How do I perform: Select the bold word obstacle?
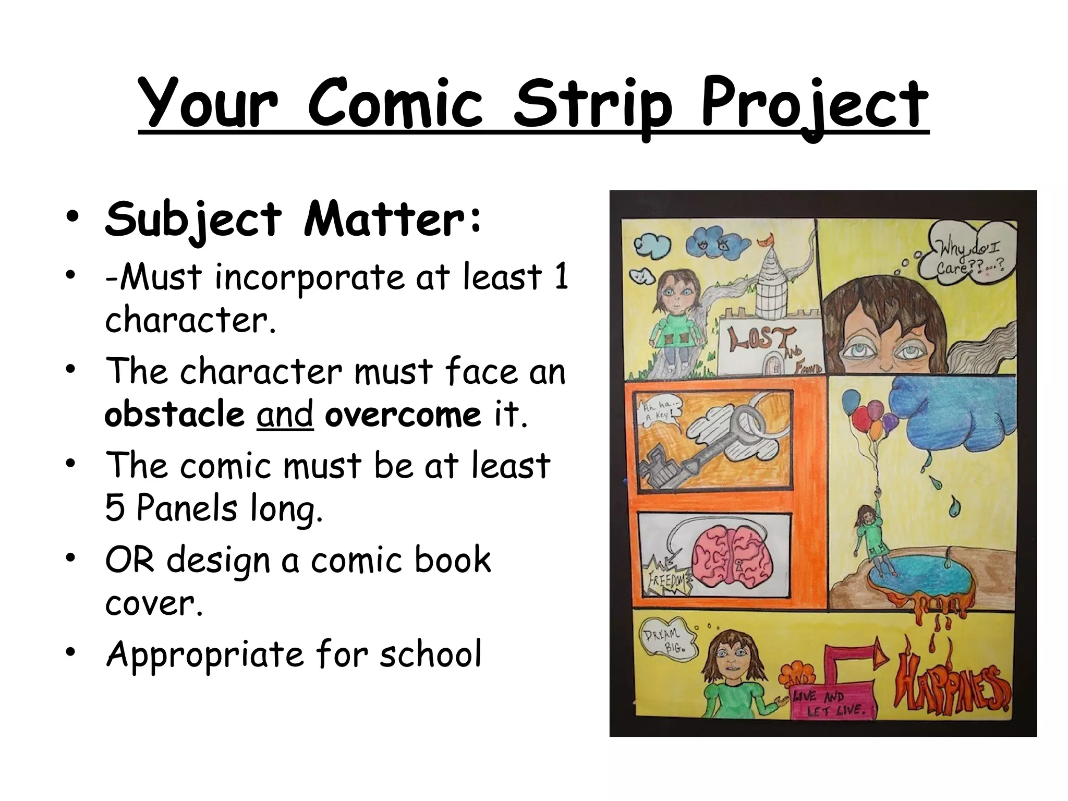[x=174, y=415]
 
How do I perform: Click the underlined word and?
[x=285, y=415]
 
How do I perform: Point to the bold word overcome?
[x=403, y=415]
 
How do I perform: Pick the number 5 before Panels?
[x=114, y=508]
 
